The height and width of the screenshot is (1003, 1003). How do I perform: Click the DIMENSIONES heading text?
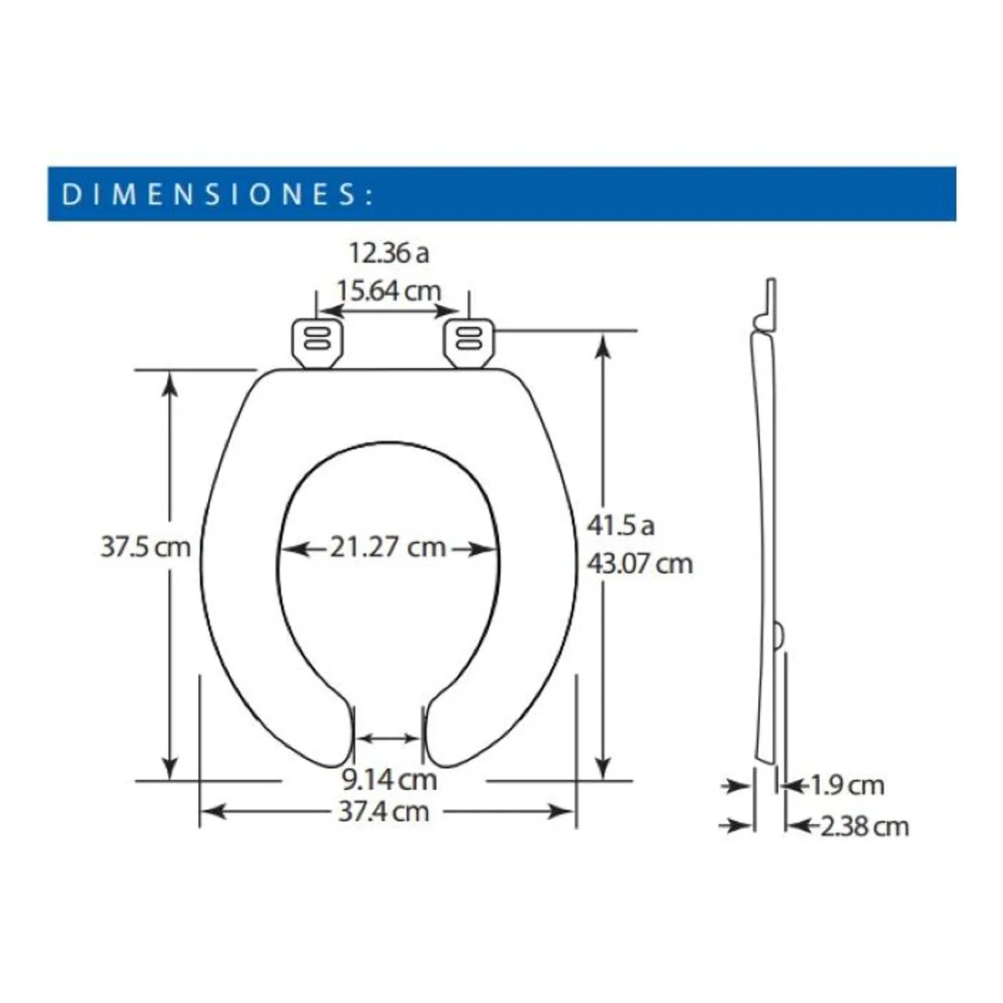tap(217, 194)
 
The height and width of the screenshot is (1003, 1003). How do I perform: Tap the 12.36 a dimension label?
tap(389, 253)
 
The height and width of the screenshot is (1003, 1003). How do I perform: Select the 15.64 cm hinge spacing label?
tap(389, 290)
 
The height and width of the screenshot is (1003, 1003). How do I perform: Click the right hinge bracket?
tap(468, 344)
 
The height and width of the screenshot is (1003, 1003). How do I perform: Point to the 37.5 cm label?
tap(145, 547)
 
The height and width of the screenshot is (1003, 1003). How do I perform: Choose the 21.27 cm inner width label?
tap(389, 547)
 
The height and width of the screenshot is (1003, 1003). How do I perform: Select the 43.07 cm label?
tap(639, 563)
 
